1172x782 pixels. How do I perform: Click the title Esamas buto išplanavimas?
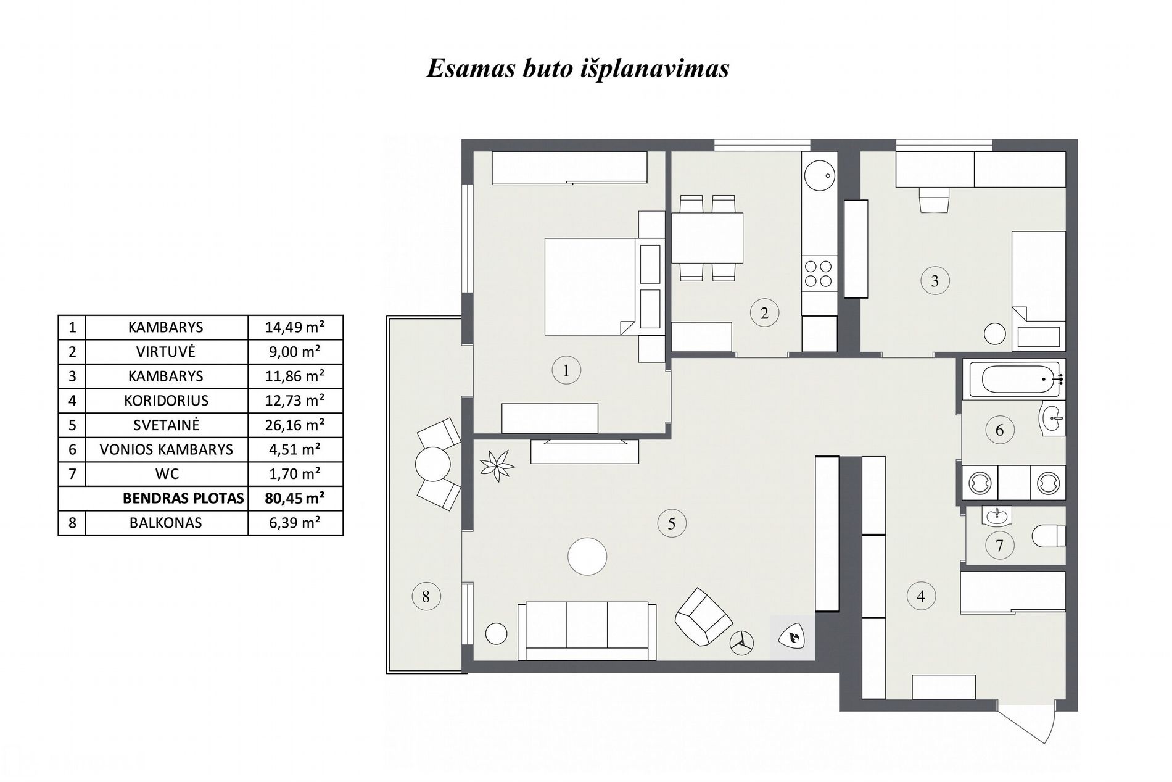pyautogui.click(x=577, y=69)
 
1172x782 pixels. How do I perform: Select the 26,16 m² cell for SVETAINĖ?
pyautogui.click(x=295, y=425)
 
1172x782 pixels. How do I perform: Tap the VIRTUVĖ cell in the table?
pyautogui.click(x=166, y=352)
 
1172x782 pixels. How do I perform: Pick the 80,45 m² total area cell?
pyautogui.click(x=295, y=498)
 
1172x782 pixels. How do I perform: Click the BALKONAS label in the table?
pyautogui.click(x=166, y=523)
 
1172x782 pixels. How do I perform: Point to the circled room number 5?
pyautogui.click(x=671, y=524)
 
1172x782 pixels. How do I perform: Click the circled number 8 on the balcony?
pyautogui.click(x=426, y=596)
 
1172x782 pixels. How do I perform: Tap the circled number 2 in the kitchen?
pyautogui.click(x=764, y=313)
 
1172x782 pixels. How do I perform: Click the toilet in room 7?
pyautogui.click(x=1049, y=535)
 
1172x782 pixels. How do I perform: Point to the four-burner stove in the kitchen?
pyautogui.click(x=819, y=274)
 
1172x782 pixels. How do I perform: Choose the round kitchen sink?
pyautogui.click(x=820, y=175)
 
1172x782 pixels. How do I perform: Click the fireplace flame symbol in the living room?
pyautogui.click(x=792, y=638)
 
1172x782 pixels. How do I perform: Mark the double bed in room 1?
pyautogui.click(x=591, y=286)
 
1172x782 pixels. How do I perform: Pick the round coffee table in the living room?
pyautogui.click(x=587, y=556)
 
